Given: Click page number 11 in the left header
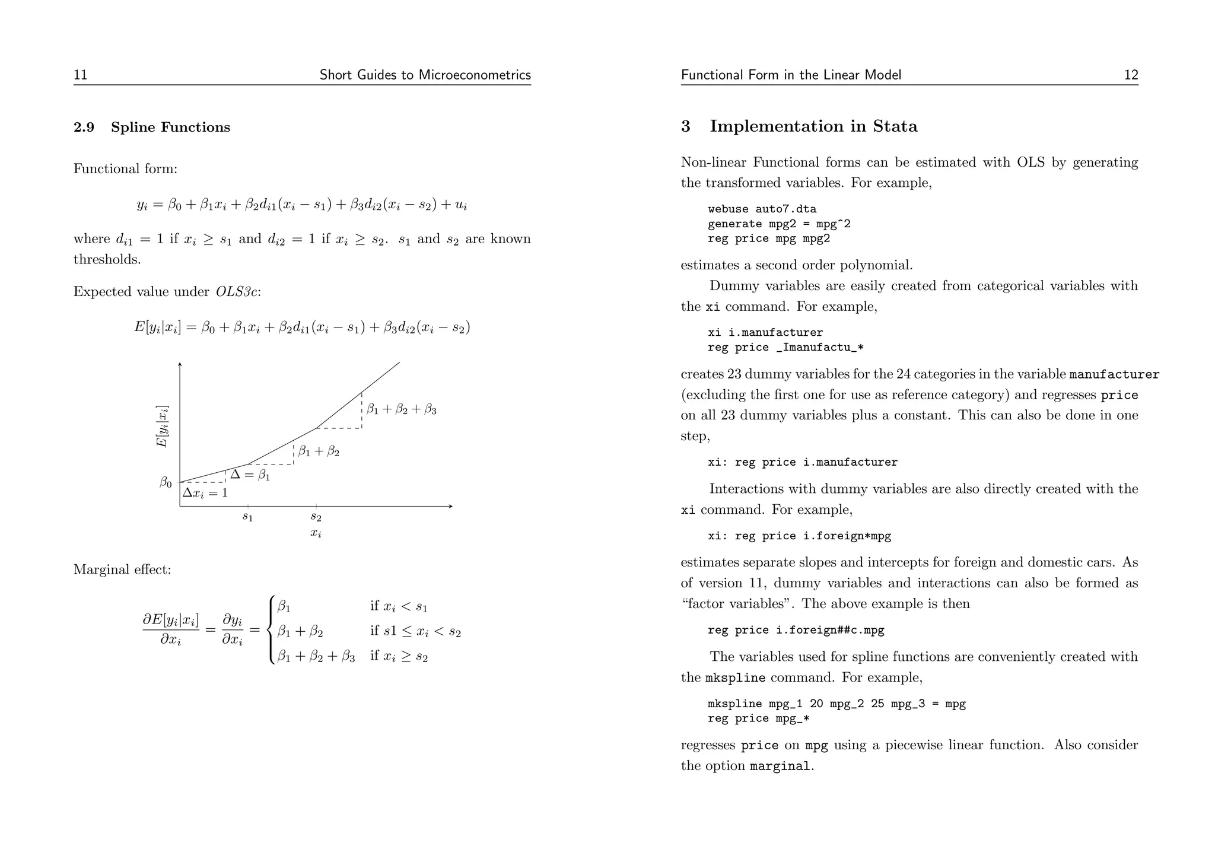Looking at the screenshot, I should pos(80,75).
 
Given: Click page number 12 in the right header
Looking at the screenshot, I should pos(1131,75).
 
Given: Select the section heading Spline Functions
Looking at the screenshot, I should pos(170,128).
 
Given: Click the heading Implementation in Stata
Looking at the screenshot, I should pos(813,126).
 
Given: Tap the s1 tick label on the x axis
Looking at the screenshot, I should pos(247,517).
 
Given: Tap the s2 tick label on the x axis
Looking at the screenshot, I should pos(316,517).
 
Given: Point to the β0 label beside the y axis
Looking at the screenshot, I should pos(166,483).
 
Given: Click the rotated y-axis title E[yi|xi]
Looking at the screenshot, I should pos(161,427).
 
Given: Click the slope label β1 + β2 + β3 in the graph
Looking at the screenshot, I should pos(401,409).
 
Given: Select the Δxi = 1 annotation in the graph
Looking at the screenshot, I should pos(205,493).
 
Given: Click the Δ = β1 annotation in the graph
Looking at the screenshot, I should pos(250,475).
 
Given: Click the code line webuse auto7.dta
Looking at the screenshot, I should pos(762,209).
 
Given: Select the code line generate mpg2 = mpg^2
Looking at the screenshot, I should pos(779,224).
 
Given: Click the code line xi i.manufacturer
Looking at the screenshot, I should pos(765,332).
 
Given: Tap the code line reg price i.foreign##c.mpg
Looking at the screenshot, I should pos(796,630).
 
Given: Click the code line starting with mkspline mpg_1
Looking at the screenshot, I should pos(836,704).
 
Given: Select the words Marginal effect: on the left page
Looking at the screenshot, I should pos(122,570).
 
